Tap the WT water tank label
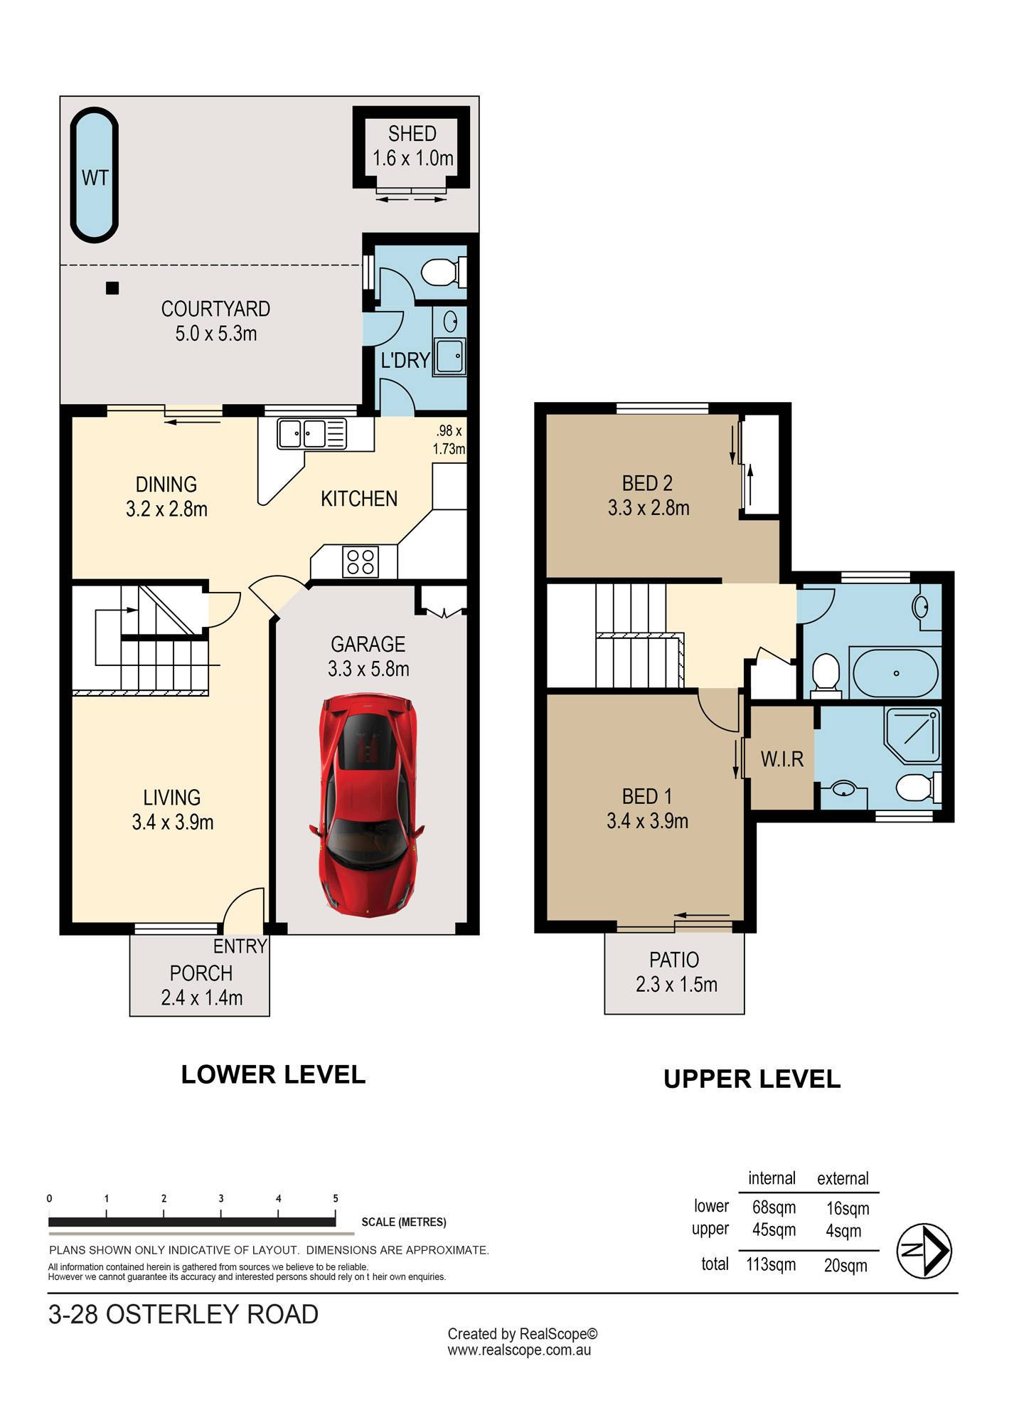coord(95,177)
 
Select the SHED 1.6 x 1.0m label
coord(412,146)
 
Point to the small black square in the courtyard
coord(112,288)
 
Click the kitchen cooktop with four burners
coord(360,561)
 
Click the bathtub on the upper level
coord(895,672)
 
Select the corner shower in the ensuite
coord(912,735)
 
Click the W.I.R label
coord(782,759)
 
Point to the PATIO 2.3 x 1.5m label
coord(676,972)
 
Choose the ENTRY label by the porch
coord(240,946)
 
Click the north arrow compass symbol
coord(924,1251)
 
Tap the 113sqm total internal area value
coord(771,1264)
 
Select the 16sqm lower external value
coord(848,1208)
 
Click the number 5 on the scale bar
coord(336,1198)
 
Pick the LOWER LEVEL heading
coord(273,1074)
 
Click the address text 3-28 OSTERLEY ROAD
coord(183,1314)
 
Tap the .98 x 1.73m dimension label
coord(449,440)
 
